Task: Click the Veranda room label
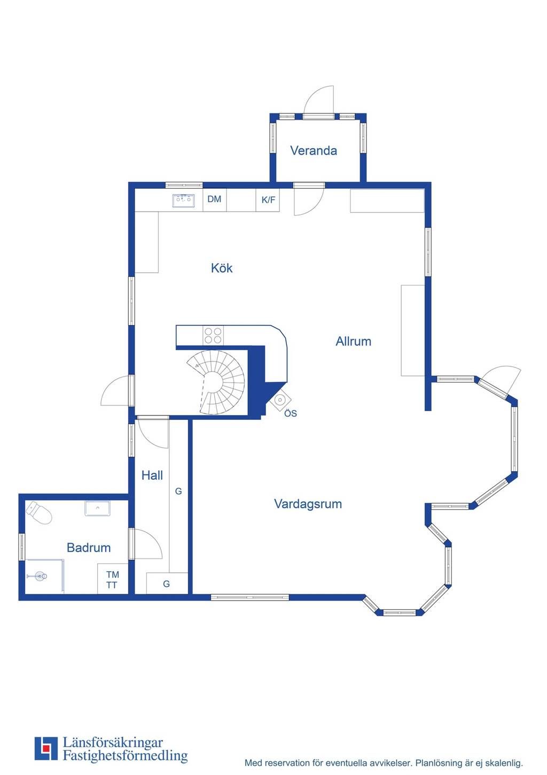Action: click(x=314, y=151)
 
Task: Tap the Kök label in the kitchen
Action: click(x=221, y=268)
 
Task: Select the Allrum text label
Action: click(x=353, y=341)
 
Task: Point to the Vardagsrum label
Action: click(x=308, y=504)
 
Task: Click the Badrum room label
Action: click(x=89, y=548)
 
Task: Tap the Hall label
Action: click(x=152, y=475)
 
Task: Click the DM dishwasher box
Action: click(x=214, y=199)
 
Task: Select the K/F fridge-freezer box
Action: click(x=268, y=200)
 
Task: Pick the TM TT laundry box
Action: click(x=112, y=580)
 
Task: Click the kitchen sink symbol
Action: click(x=183, y=201)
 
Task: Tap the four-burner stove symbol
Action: click(x=213, y=336)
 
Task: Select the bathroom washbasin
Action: click(x=97, y=508)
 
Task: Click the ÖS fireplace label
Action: click(x=290, y=413)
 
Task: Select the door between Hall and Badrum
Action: click(x=145, y=544)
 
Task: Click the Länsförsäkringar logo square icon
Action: click(x=46, y=748)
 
